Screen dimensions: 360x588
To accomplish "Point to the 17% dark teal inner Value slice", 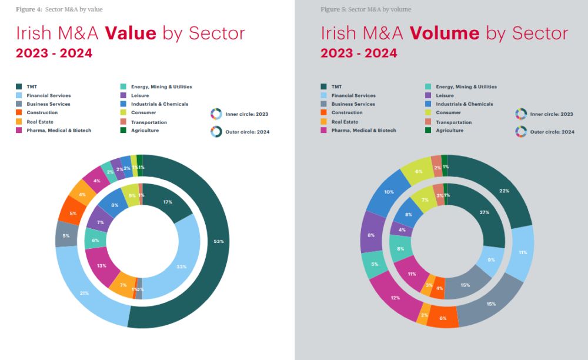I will (x=168, y=203).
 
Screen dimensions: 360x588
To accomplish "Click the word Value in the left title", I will (x=131, y=33).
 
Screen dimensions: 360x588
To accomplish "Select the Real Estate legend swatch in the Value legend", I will (x=19, y=122).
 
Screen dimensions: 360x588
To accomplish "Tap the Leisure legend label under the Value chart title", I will (x=140, y=95).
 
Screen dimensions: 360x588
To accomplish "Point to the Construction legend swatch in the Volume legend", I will (x=323, y=112).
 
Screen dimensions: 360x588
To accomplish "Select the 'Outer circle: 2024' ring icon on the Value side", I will (x=216, y=132).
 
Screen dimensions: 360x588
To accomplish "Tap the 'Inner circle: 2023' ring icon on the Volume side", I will (x=521, y=114).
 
